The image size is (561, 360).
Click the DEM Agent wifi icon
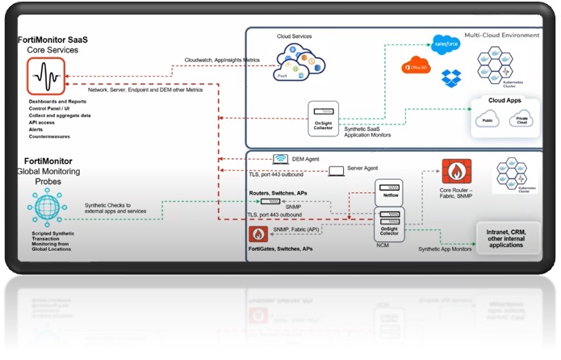[281, 159]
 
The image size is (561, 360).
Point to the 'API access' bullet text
[43, 123]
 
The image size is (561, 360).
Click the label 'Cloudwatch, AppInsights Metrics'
[223, 60]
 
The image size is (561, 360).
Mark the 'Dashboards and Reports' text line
[56, 101]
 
